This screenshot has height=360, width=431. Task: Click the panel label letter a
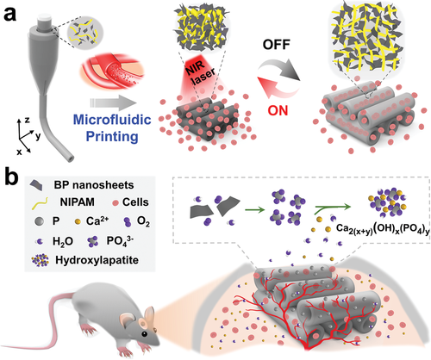coord(10,14)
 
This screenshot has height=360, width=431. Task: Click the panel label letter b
coord(11,177)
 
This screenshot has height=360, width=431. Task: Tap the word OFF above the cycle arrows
coord(277,45)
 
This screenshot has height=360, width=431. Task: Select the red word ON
coord(278,110)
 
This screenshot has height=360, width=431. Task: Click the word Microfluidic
coord(112,120)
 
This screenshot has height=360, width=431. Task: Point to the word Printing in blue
coord(112,136)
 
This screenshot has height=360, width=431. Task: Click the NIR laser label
coord(202,72)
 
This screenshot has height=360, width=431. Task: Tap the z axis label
coord(27,120)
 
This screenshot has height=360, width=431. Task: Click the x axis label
coord(19,152)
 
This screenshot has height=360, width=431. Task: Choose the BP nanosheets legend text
coord(94,185)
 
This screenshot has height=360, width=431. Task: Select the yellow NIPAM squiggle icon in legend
coord(40,202)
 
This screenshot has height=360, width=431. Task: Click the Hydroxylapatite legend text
coord(97,260)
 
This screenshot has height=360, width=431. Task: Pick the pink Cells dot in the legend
coord(116,203)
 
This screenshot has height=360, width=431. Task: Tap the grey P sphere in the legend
coord(39,221)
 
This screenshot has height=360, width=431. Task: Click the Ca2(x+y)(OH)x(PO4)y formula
coord(384,230)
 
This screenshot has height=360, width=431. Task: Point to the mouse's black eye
coord(145,333)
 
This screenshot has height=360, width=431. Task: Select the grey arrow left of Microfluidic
coord(113,102)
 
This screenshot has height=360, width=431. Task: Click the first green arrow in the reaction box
coord(254,210)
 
